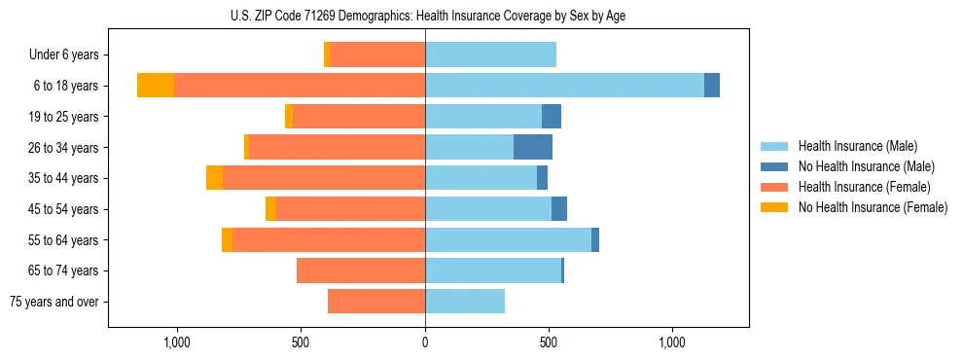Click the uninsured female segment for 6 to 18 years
[x=156, y=86]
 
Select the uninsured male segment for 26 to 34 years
[x=533, y=147]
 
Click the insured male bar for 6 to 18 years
[x=564, y=86]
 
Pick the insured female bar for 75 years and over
[x=376, y=302]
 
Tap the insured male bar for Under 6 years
[x=490, y=54]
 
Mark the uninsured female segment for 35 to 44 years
[x=214, y=178]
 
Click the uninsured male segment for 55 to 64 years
[x=595, y=239]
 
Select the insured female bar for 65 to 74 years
[x=361, y=270]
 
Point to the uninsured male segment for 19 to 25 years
[x=552, y=117]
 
